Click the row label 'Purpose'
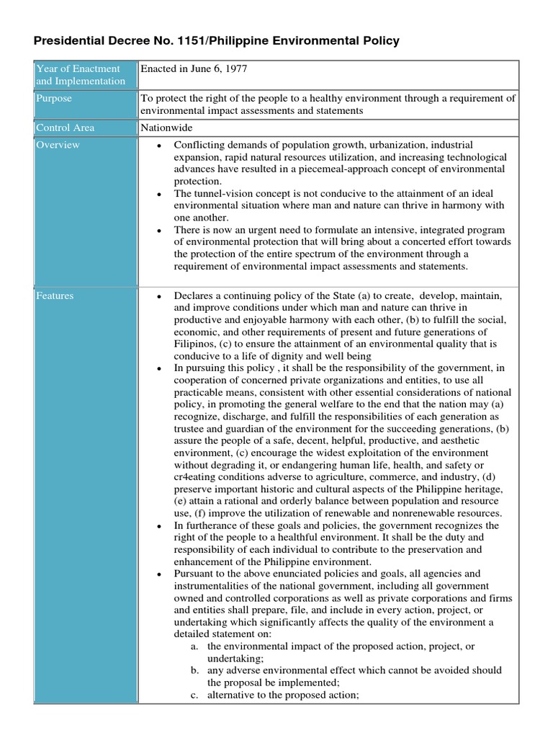click(x=54, y=99)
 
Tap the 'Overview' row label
click(x=58, y=145)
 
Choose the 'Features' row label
click(x=55, y=295)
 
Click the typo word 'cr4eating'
click(x=197, y=476)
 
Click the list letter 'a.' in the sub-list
click(x=194, y=646)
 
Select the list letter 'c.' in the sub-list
click(x=194, y=695)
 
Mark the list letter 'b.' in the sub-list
click(x=194, y=670)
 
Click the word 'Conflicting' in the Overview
click(x=200, y=145)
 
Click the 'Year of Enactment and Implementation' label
click(x=80, y=74)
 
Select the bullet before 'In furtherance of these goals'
click(x=158, y=525)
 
